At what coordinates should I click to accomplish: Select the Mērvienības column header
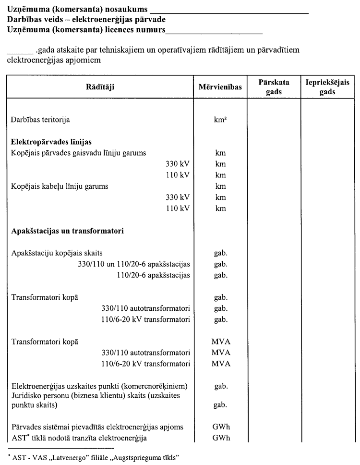pos(221,87)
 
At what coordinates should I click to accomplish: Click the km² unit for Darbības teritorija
pos(220,120)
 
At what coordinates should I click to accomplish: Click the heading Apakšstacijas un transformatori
pos(68,231)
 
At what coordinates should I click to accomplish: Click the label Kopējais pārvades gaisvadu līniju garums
pos(79,153)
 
